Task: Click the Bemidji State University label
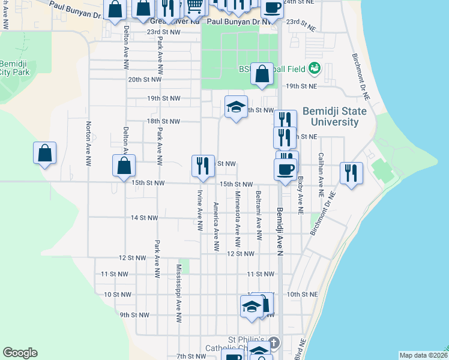330,116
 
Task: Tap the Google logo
20,353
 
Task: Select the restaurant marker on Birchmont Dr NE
351,173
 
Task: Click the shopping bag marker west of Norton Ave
45,153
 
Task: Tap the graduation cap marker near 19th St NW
237,107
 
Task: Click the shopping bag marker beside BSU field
262,74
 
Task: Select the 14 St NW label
144,218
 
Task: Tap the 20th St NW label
145,79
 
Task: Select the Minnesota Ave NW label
238,220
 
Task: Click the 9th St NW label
134,314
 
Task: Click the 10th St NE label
301,295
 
